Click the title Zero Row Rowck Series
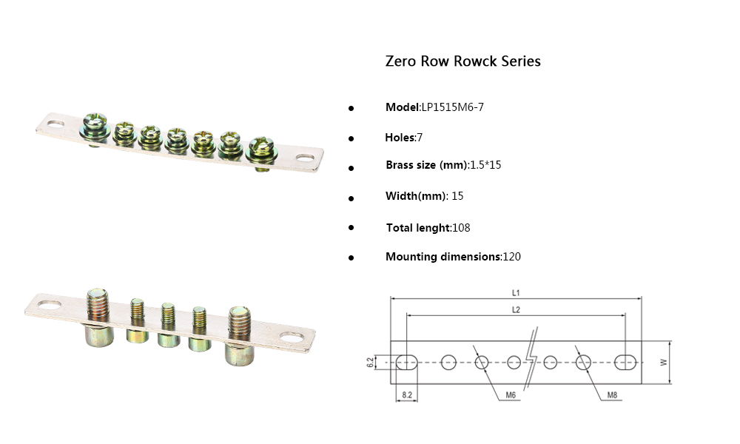click(462, 61)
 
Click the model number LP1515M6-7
click(452, 107)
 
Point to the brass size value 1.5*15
click(485, 165)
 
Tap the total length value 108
click(461, 228)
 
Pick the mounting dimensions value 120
click(511, 257)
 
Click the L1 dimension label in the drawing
click(516, 292)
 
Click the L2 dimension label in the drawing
click(516, 310)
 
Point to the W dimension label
click(664, 362)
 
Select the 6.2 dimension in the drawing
click(370, 362)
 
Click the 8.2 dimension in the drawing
click(406, 396)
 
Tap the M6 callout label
click(511, 396)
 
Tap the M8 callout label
click(612, 396)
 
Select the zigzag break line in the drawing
click(531, 363)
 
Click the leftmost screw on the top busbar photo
click(96, 123)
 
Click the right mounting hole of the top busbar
click(305, 157)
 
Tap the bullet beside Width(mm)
click(351, 198)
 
